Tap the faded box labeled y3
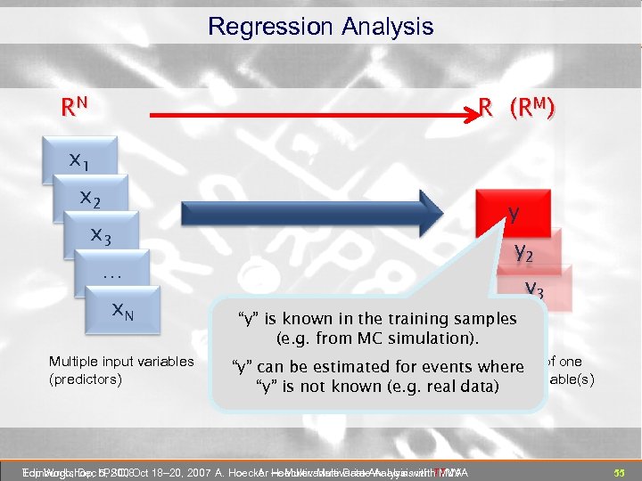pyautogui.click(x=536, y=287)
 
